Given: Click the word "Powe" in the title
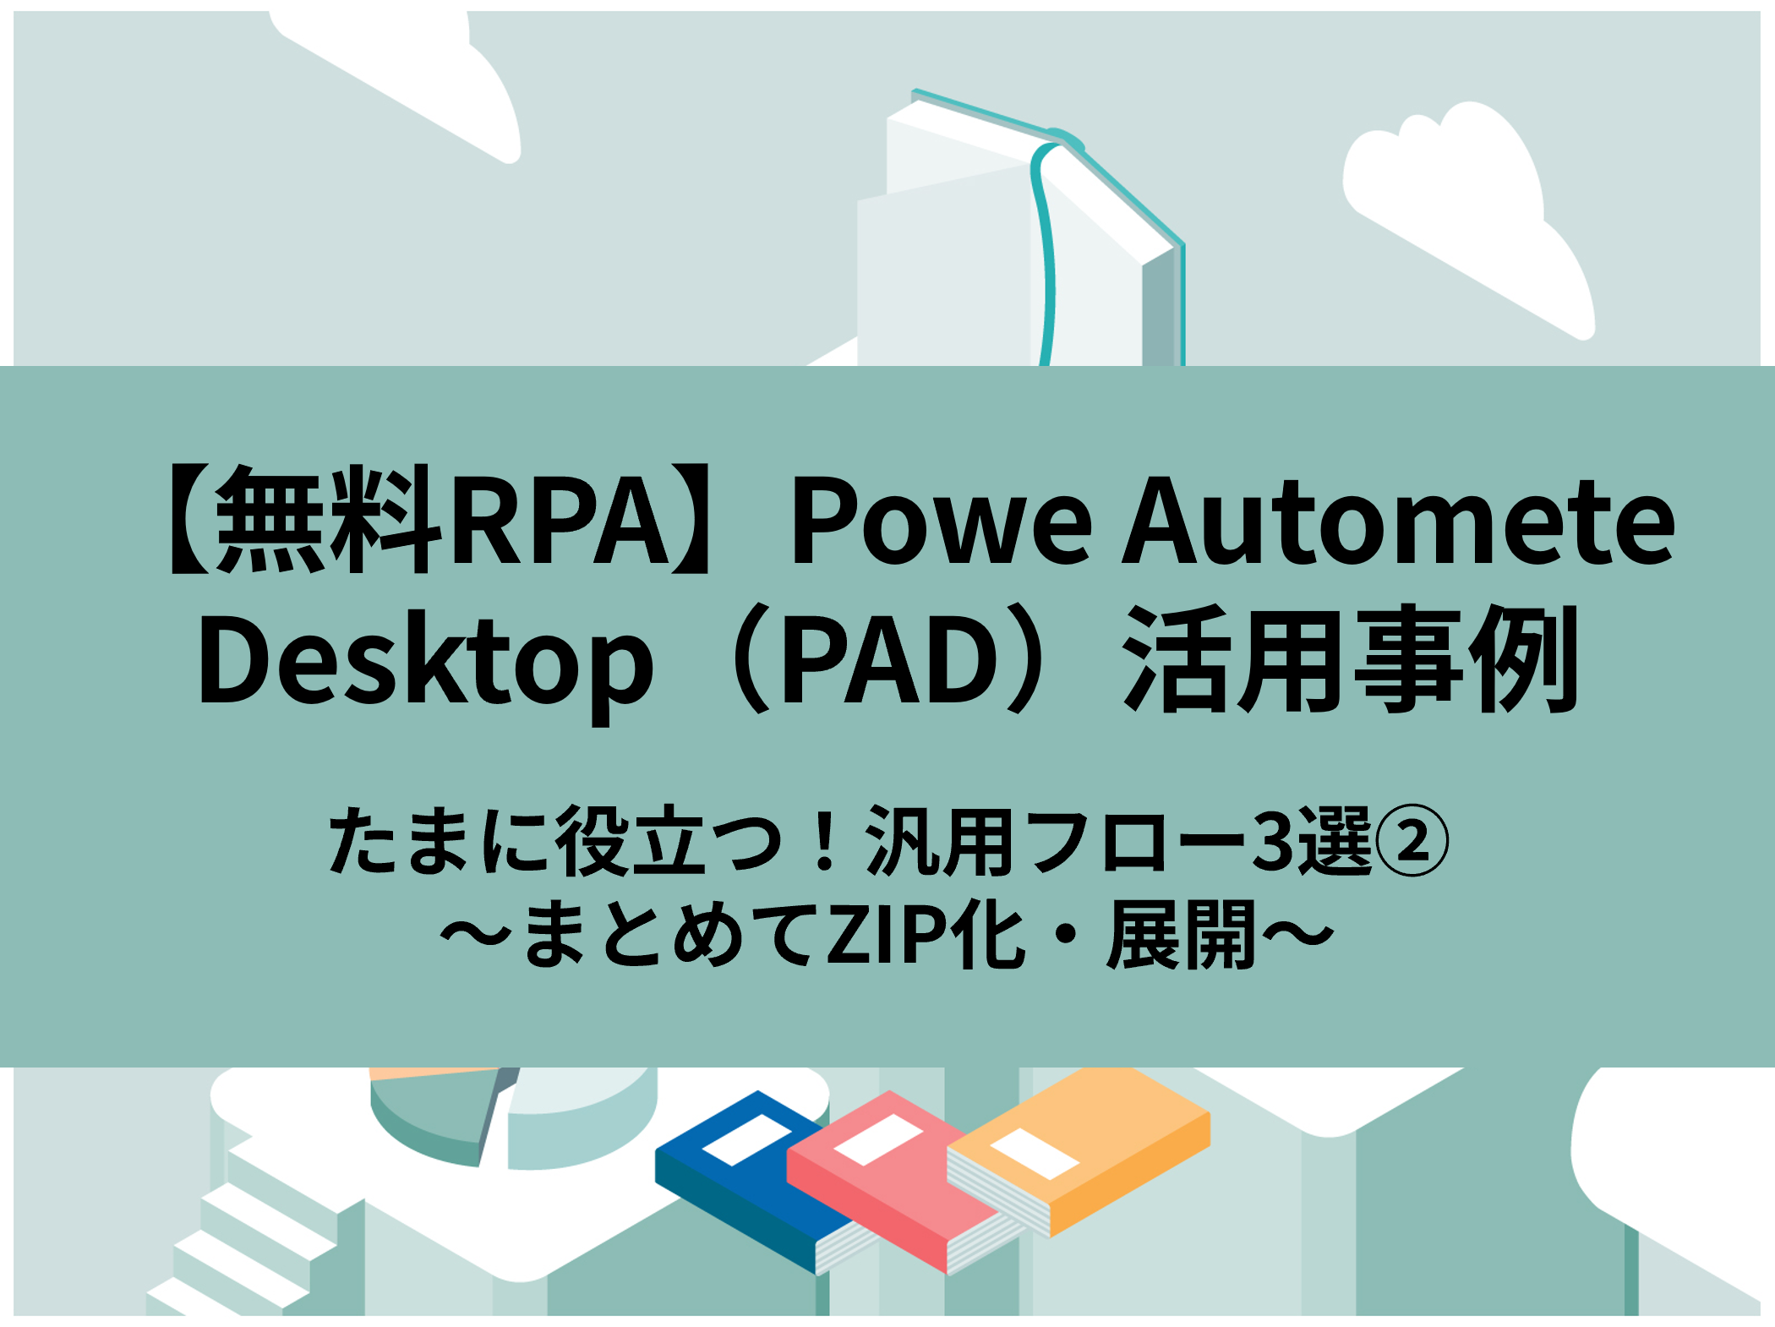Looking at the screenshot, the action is point(942,521).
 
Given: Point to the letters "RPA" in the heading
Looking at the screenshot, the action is point(561,521).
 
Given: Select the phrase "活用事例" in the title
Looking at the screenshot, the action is point(1350,659).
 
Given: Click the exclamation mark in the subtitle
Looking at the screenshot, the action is point(824,840).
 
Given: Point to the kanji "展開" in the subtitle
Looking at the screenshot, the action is point(1182,934).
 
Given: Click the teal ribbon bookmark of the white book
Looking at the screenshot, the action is point(1046,254).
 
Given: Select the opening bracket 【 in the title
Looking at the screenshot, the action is point(189,521).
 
